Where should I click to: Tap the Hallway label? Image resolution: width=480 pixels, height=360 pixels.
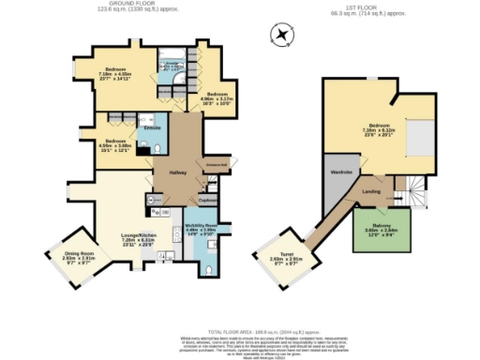179,172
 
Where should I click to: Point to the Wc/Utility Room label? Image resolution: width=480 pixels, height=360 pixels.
201,227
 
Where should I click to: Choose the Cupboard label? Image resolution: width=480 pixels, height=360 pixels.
207,200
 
